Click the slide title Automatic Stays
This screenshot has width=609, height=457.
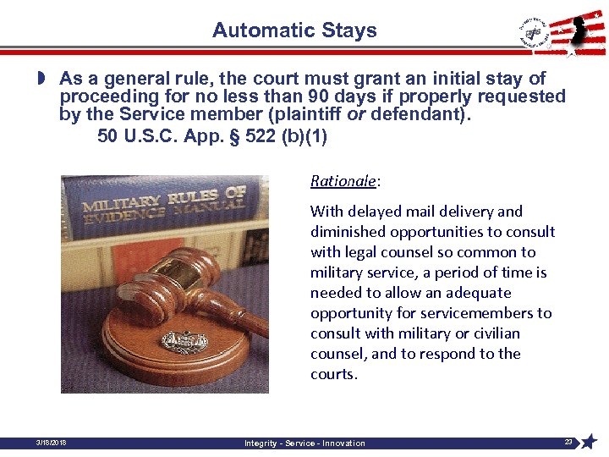click(294, 31)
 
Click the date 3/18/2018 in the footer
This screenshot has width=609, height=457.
click(52, 442)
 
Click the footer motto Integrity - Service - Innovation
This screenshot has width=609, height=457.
click(304, 443)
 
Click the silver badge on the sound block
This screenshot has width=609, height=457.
click(179, 342)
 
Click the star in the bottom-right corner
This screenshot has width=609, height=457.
click(589, 441)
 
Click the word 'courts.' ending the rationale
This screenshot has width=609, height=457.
click(334, 374)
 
